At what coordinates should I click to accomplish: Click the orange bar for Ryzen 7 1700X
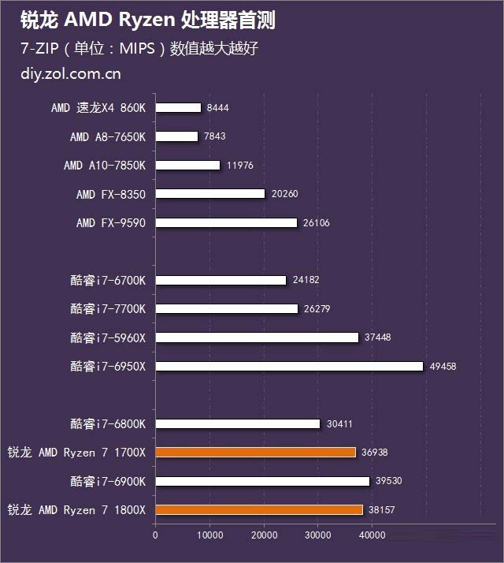[255, 453]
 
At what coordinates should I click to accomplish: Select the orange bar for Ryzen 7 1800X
[259, 510]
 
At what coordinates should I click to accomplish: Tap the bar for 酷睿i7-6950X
[290, 366]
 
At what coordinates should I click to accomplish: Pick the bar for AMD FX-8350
[210, 194]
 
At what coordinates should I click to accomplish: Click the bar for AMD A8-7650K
[176, 136]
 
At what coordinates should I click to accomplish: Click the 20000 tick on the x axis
[264, 535]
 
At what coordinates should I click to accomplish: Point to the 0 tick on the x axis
[155, 535]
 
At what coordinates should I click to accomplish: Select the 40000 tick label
[372, 535]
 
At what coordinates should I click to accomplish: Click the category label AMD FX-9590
[111, 223]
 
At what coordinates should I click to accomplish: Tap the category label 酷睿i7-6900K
[108, 481]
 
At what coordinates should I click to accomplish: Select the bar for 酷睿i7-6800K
[238, 424]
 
